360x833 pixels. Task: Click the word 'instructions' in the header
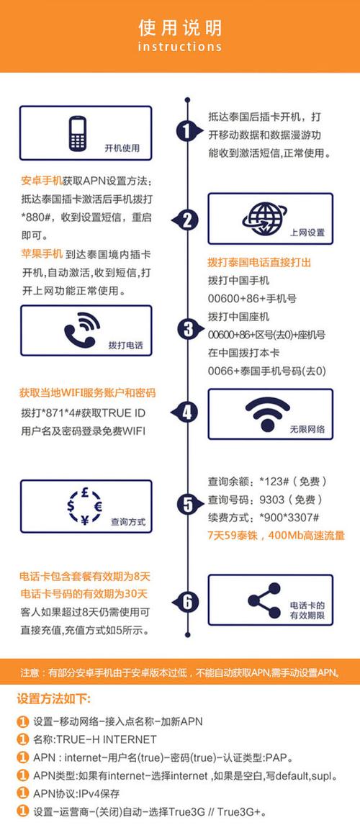180,47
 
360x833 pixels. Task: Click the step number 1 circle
186,132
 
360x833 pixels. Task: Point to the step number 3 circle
187,329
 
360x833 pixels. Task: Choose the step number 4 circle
187,413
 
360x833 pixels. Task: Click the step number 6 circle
187,600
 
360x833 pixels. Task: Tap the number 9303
266,500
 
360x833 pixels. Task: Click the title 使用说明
180,27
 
